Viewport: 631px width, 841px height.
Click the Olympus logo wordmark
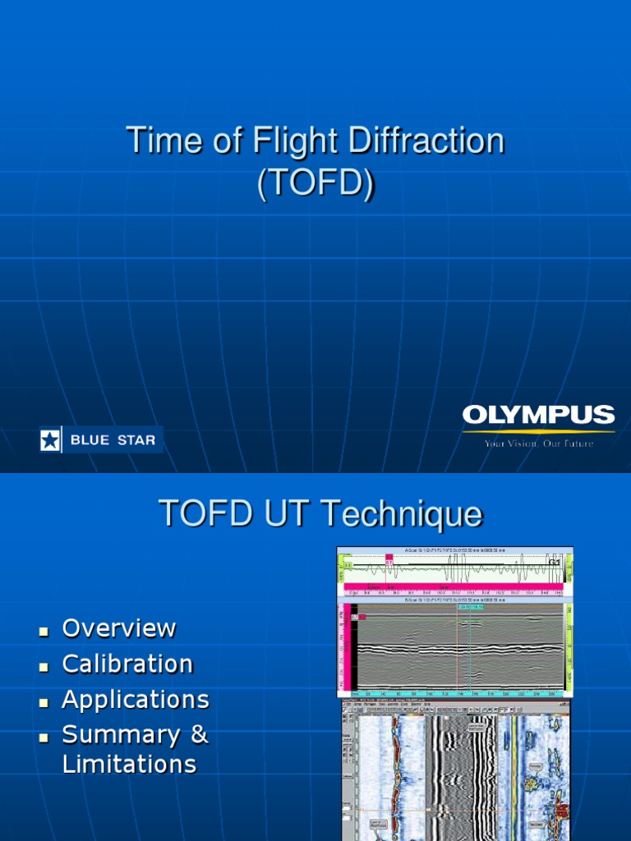coord(538,416)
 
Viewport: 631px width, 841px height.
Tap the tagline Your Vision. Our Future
coord(538,443)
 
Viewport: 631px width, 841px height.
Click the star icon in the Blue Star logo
coord(50,440)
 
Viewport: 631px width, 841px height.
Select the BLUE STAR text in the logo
coord(113,440)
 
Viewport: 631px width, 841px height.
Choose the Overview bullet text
coord(119,628)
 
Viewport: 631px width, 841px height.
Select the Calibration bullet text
coord(127,664)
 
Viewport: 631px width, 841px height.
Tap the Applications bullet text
coord(136,700)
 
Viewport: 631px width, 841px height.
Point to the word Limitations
coord(129,765)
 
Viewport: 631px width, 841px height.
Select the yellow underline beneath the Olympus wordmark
coord(538,431)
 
